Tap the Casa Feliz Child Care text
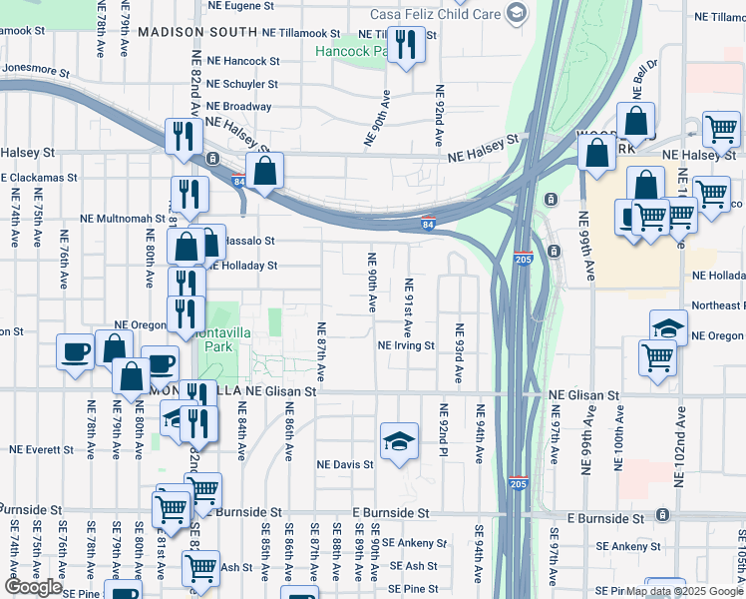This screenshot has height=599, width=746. pos(434,13)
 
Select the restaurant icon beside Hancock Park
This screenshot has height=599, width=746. pos(406,46)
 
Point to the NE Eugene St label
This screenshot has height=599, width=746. pos(240,6)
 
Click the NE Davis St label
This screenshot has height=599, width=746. pos(345,464)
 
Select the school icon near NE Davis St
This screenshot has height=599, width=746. pos(399,440)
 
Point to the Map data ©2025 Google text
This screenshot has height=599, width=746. pos(683,591)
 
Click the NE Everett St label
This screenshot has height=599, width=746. pos(43,450)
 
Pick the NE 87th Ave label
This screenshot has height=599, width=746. pos(321,351)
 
